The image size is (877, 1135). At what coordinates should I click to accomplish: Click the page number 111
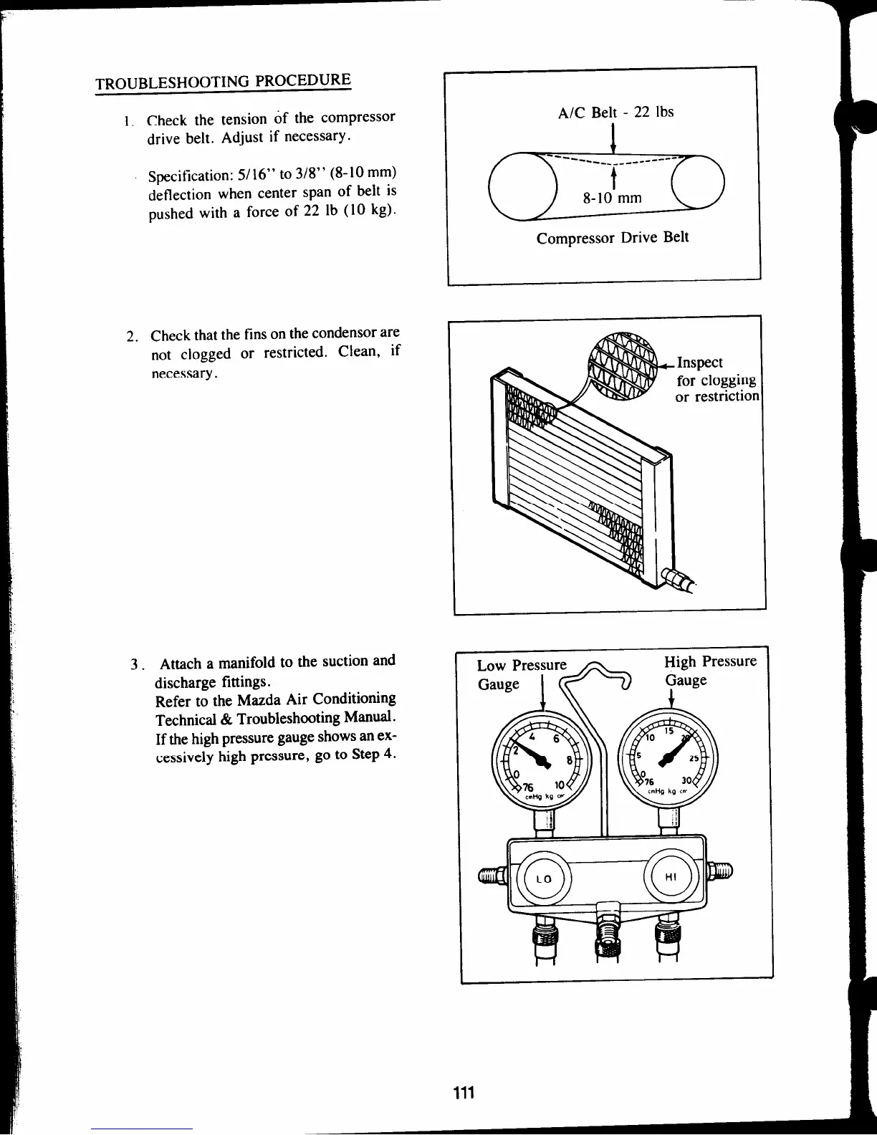pyautogui.click(x=464, y=1092)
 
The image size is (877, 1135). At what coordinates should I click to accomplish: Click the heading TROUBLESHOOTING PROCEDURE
pyautogui.click(x=224, y=82)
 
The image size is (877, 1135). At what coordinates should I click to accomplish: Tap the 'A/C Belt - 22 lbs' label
pyautogui.click(x=615, y=112)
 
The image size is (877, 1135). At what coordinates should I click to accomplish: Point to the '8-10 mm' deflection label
pyautogui.click(x=611, y=198)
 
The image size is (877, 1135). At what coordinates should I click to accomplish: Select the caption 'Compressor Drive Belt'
pyautogui.click(x=613, y=237)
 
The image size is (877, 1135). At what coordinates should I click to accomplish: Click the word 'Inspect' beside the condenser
pyautogui.click(x=700, y=363)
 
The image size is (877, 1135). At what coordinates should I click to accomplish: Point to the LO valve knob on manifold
pyautogui.click(x=545, y=878)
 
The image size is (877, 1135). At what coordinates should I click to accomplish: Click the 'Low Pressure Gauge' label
pyautogui.click(x=521, y=674)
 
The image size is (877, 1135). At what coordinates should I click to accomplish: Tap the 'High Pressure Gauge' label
pyautogui.click(x=709, y=670)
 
